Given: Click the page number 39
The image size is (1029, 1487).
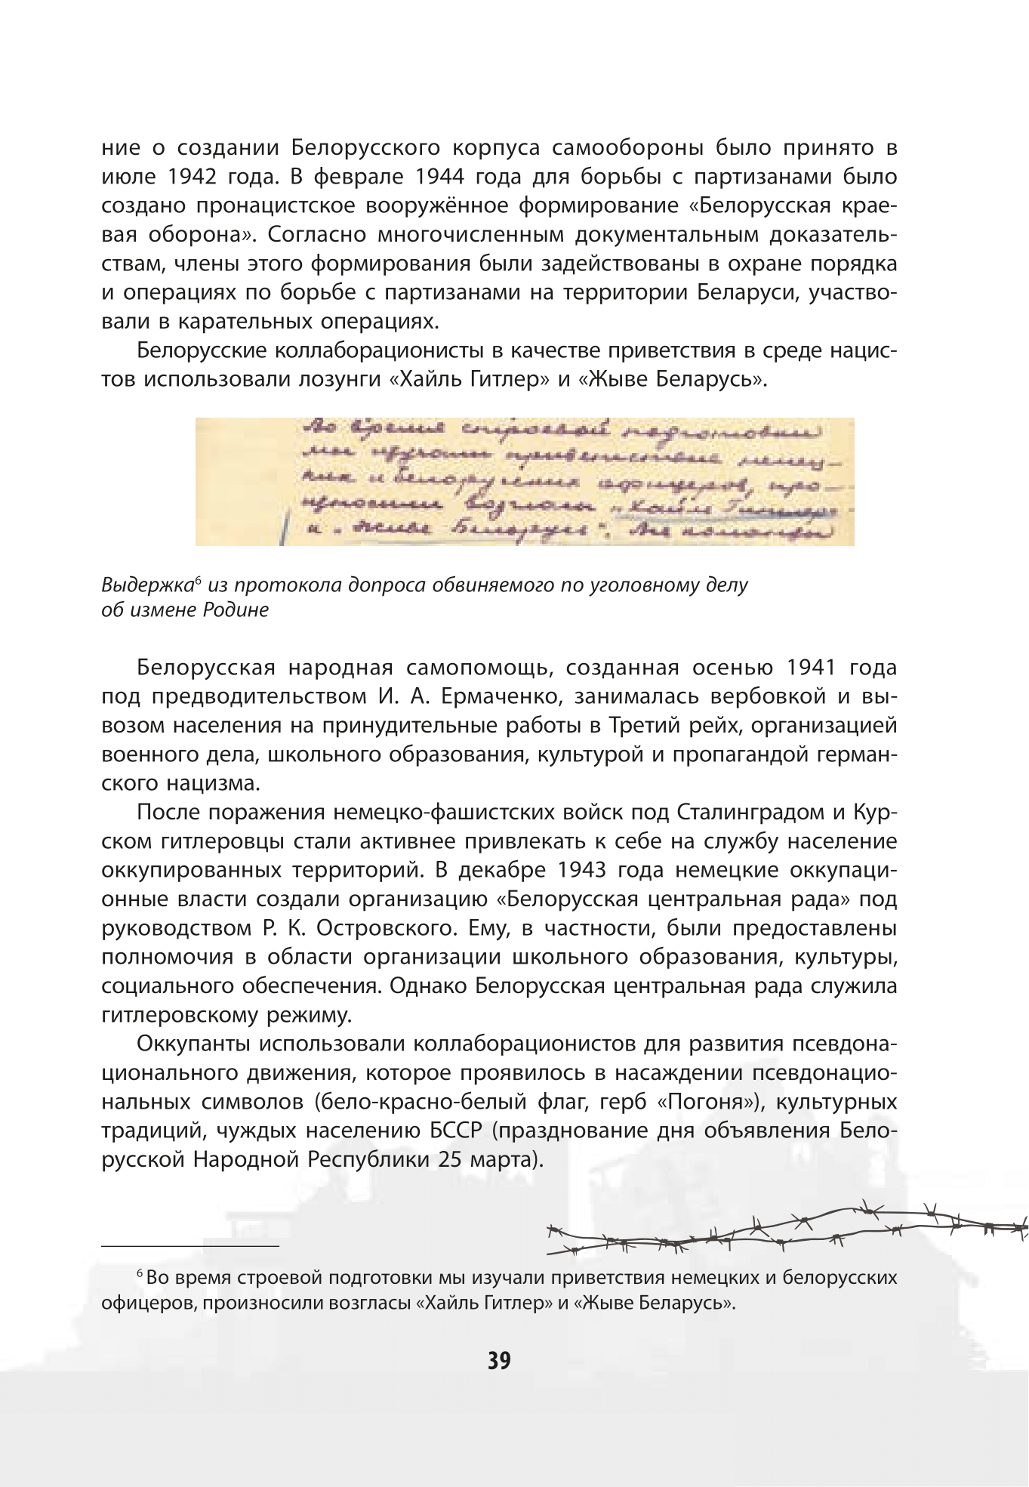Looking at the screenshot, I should pyautogui.click(x=499, y=1361).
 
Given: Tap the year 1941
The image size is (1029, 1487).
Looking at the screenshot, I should pyautogui.click(x=811, y=668).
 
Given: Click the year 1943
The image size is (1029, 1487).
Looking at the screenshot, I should pyautogui.click(x=581, y=870).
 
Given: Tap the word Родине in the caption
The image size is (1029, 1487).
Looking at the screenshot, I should pyautogui.click(x=236, y=610).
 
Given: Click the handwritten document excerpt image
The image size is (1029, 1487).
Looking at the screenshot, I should pyautogui.click(x=525, y=481).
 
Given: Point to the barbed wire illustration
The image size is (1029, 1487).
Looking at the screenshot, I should pyautogui.click(x=785, y=1229).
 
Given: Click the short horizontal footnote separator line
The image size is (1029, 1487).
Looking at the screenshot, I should pyautogui.click(x=190, y=1245).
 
